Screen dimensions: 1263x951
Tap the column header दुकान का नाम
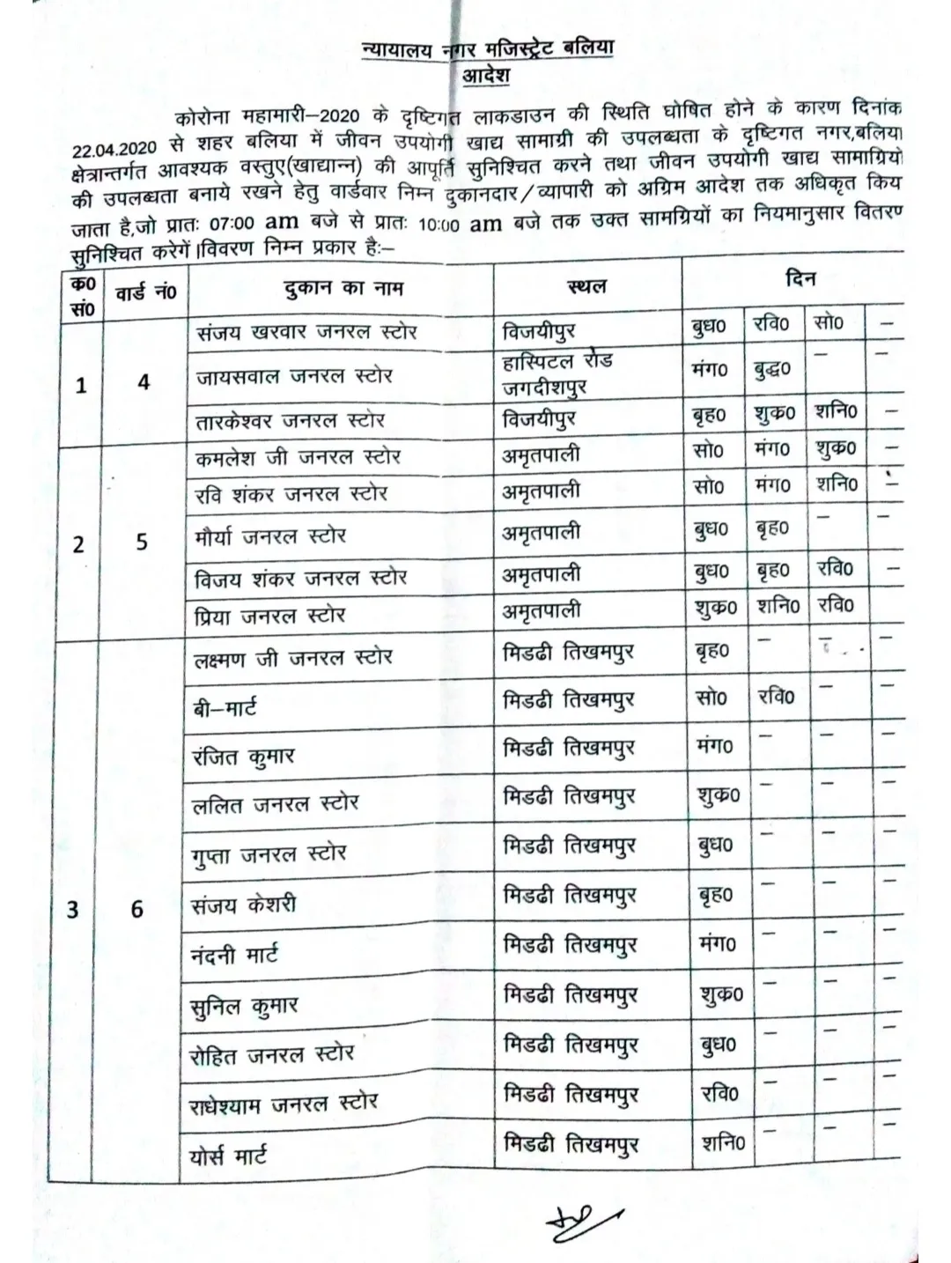[x=343, y=287]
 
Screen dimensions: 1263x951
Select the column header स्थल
[x=586, y=286]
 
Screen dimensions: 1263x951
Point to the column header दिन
[x=800, y=278]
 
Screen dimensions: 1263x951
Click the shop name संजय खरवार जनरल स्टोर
[x=306, y=332]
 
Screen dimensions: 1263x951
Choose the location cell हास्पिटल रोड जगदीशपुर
[x=557, y=373]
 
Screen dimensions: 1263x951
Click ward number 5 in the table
[x=142, y=542]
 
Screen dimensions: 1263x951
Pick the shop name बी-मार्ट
[x=225, y=706]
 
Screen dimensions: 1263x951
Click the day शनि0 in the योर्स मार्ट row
[x=723, y=1143]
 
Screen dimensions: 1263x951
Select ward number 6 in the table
[x=137, y=908]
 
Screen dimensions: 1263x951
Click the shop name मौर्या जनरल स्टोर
[x=270, y=535]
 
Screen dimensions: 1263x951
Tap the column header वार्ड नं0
[x=145, y=292]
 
